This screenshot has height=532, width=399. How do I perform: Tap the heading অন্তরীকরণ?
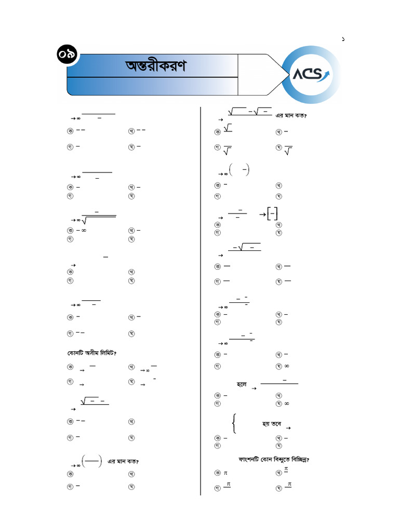(155, 66)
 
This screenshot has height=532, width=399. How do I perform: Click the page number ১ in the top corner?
(343, 39)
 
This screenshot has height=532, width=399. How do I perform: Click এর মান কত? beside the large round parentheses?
(123, 461)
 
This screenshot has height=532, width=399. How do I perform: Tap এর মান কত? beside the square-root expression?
(291, 115)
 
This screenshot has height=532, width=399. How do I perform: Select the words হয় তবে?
(272, 424)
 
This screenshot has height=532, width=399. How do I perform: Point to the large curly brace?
(235, 423)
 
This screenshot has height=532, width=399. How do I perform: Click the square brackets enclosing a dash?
(272, 214)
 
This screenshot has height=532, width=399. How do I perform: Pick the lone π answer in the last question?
(225, 473)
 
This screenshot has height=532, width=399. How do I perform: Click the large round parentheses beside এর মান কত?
(92, 461)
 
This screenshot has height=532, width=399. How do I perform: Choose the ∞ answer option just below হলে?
(287, 404)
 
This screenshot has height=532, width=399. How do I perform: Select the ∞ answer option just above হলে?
(287, 366)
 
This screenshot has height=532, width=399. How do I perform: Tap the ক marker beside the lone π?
(217, 473)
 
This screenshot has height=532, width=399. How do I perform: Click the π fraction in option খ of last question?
(286, 471)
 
